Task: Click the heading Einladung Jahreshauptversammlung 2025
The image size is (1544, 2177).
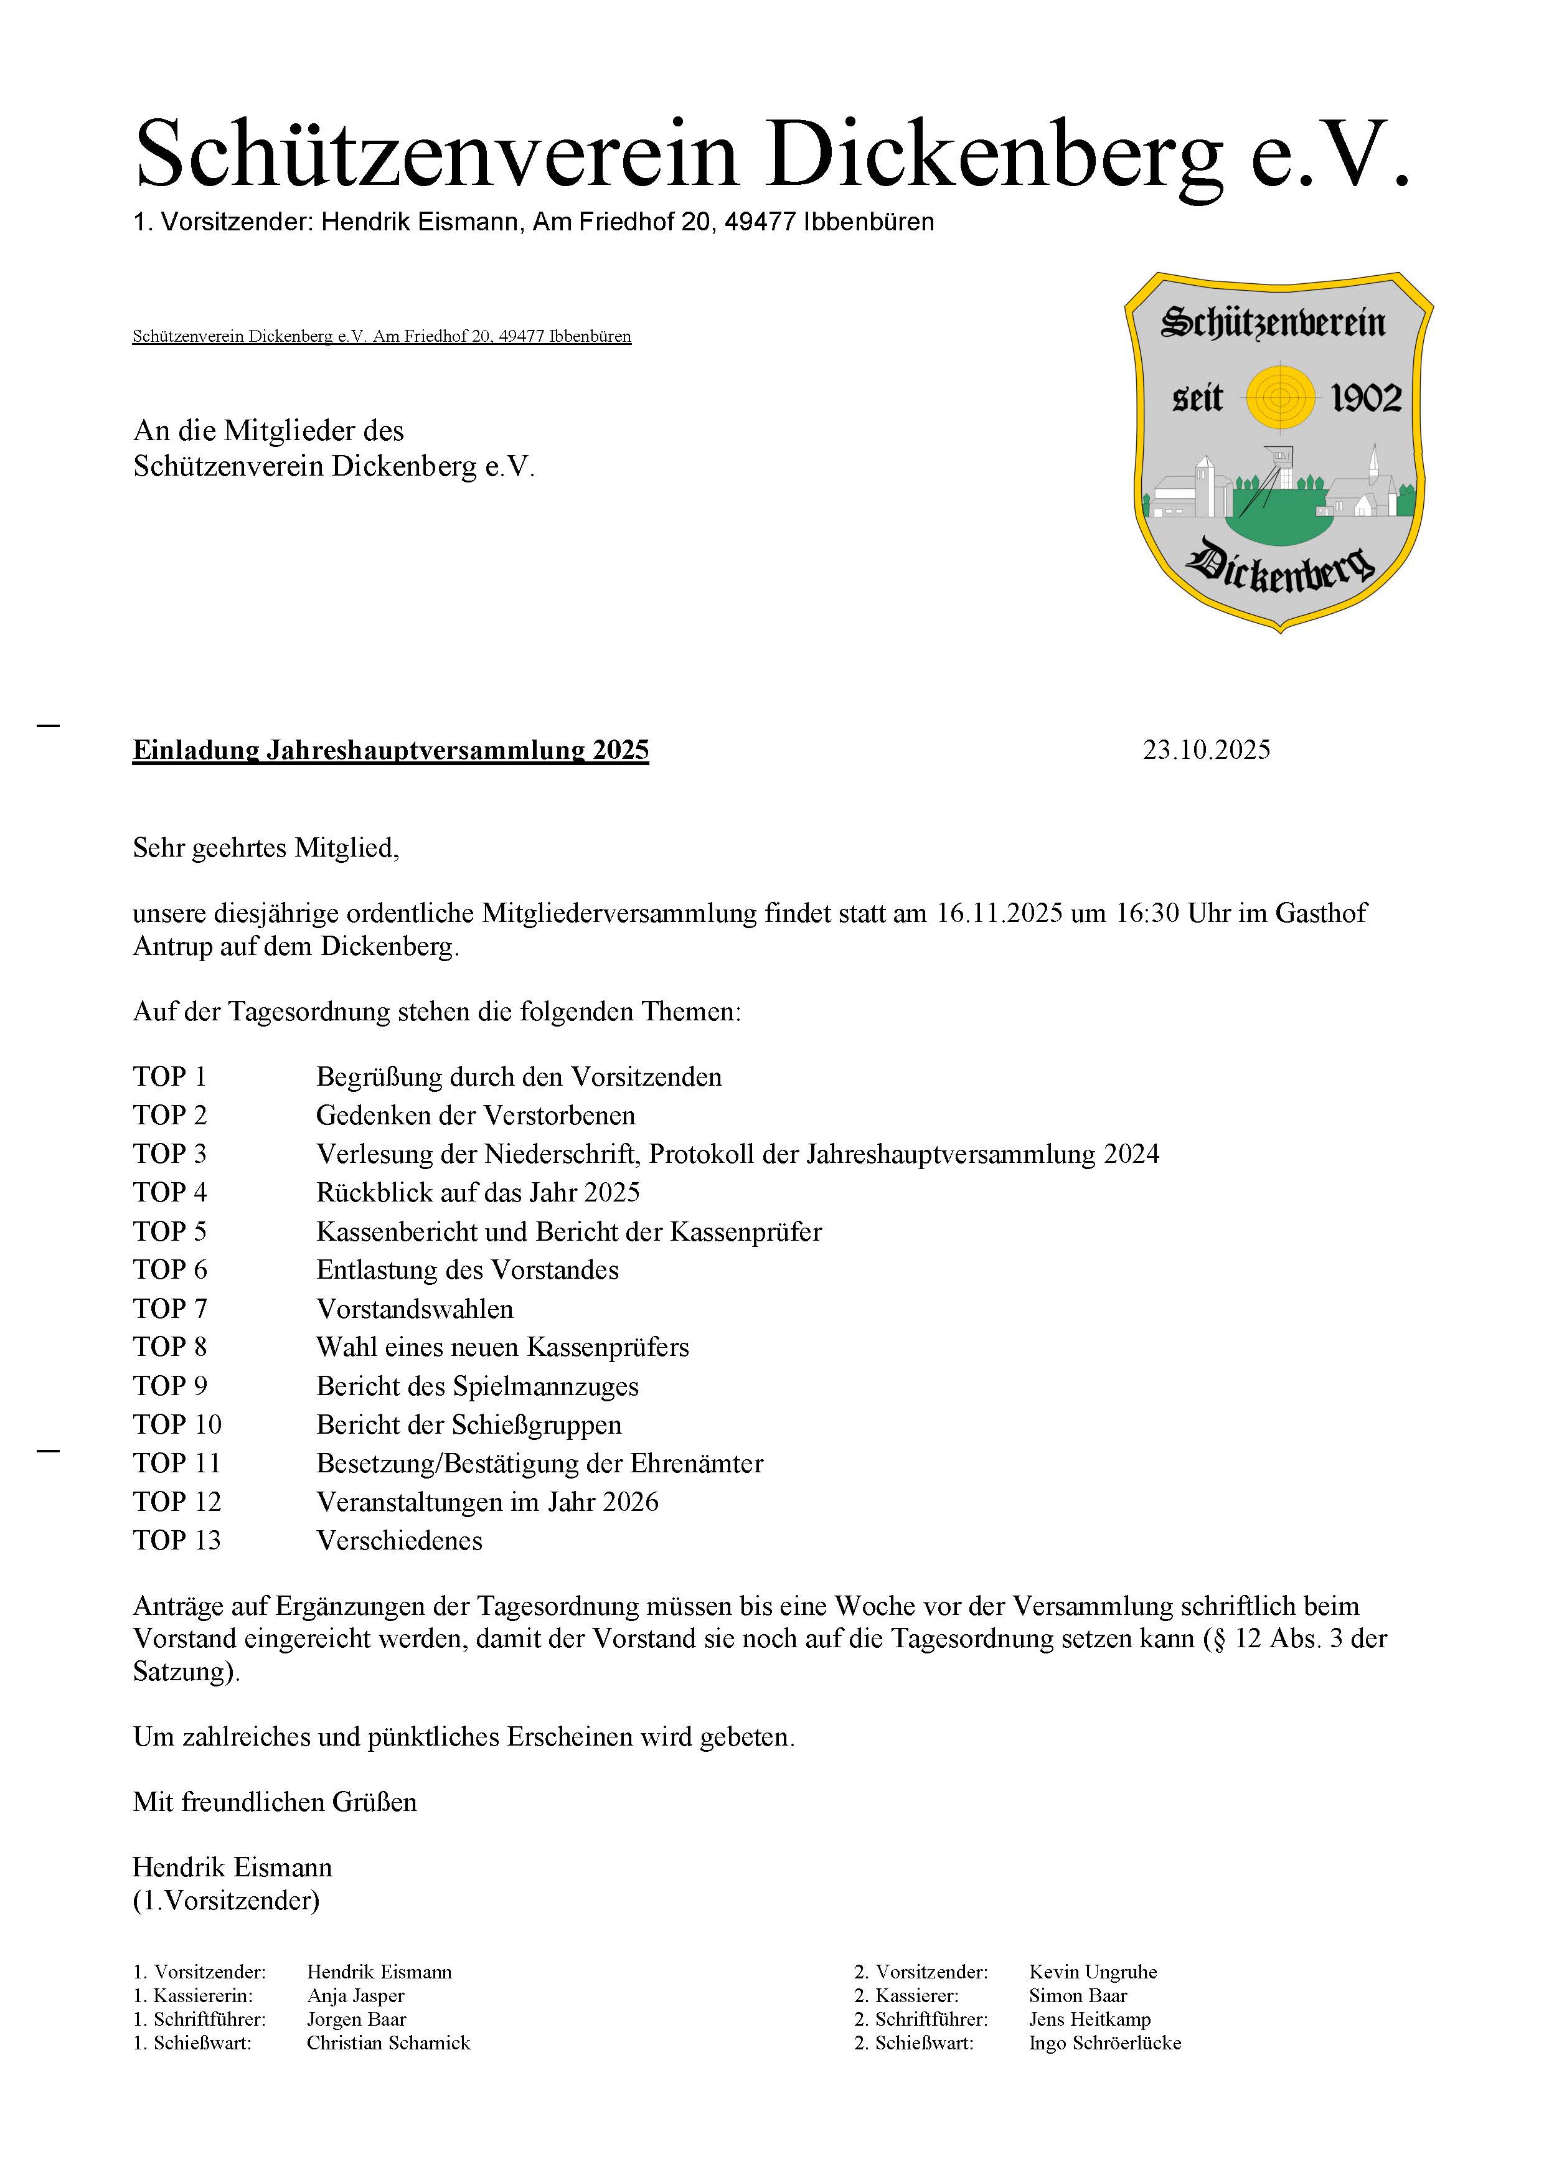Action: click(x=391, y=750)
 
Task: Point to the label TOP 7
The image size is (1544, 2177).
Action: click(x=169, y=1309)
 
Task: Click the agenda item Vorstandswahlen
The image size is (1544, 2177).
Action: click(x=415, y=1309)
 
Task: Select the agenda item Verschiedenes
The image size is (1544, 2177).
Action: click(x=399, y=1540)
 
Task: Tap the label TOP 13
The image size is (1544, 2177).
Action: click(x=177, y=1540)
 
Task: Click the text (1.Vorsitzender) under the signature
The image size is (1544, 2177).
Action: click(x=226, y=1901)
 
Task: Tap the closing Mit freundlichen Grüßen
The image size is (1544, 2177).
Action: click(x=275, y=1802)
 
